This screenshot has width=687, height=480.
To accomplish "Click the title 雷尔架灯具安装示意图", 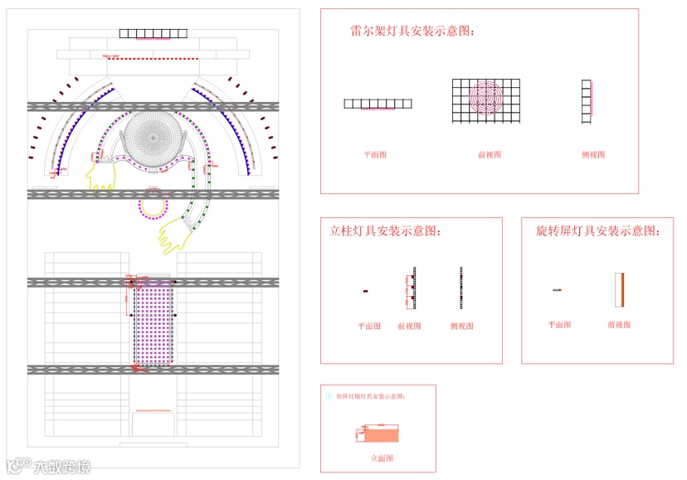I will tap(413, 31).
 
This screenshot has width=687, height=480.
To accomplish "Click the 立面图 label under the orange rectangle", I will tap(380, 458).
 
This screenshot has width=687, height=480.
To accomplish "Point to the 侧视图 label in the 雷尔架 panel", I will tap(593, 155).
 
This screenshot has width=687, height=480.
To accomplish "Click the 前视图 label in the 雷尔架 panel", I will tap(489, 155).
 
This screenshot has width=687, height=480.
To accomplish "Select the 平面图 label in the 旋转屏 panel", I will tap(559, 325).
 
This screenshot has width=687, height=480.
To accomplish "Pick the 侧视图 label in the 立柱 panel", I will tap(461, 327).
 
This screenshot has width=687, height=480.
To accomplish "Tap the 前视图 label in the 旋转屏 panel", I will tap(619, 325).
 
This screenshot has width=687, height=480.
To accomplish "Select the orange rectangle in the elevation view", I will tap(381, 434).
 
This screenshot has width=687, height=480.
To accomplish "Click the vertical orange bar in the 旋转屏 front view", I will tap(619, 289).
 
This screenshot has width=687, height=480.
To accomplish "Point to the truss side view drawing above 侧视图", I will tap(587, 101).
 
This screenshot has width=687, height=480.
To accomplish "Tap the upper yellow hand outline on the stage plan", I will tap(100, 175).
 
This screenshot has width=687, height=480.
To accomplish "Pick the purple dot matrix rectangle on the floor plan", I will tap(152, 322).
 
